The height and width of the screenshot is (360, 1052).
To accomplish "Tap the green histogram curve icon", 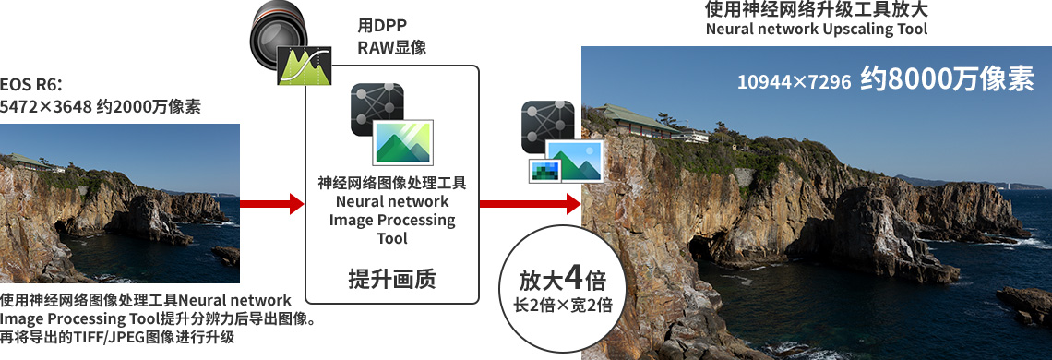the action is point(305,66).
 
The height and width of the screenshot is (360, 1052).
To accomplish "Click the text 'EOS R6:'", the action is point(31,86).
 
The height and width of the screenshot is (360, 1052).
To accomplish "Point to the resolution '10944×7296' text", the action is point(795,82).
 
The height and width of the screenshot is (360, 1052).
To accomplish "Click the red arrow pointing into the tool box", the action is point(271,203).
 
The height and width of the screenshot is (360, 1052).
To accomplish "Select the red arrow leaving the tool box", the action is point(530,203).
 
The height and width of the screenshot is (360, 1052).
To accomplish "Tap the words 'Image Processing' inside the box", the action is point(392,220).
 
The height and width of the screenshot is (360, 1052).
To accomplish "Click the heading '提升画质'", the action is point(392,278).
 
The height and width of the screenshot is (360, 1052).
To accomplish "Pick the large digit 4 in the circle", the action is point(573,277).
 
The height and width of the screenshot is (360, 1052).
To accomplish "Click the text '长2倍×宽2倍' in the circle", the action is point(562,306).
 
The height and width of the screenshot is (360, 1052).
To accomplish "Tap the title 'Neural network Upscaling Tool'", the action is point(817,30).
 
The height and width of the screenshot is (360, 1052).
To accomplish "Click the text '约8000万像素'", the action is point(948,79).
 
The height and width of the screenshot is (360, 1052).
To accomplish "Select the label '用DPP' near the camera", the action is point(382,26).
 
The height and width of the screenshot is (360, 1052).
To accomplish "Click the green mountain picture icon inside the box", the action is point(402,142).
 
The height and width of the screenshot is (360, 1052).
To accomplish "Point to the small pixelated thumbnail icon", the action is point(545,171).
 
